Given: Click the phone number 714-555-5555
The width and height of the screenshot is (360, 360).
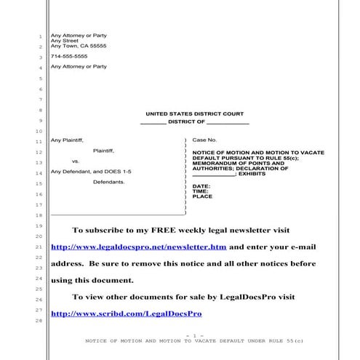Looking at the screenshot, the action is tap(69, 56).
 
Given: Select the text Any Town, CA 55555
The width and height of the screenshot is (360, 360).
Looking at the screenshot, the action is tap(79, 46).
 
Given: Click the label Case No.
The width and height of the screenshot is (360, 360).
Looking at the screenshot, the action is tap(204, 139).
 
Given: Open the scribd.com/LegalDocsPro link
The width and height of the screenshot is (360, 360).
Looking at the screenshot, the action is tap(126, 313).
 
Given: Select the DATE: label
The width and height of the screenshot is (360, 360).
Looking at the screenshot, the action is tap(201, 186).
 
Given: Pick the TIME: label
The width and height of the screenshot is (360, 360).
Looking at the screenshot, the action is tap(201, 191).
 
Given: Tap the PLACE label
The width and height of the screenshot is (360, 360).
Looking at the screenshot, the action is tap(202, 196).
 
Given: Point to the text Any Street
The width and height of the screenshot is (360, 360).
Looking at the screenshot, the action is tap(65, 41).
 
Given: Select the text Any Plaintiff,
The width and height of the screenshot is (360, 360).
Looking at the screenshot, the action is tap(68, 139).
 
